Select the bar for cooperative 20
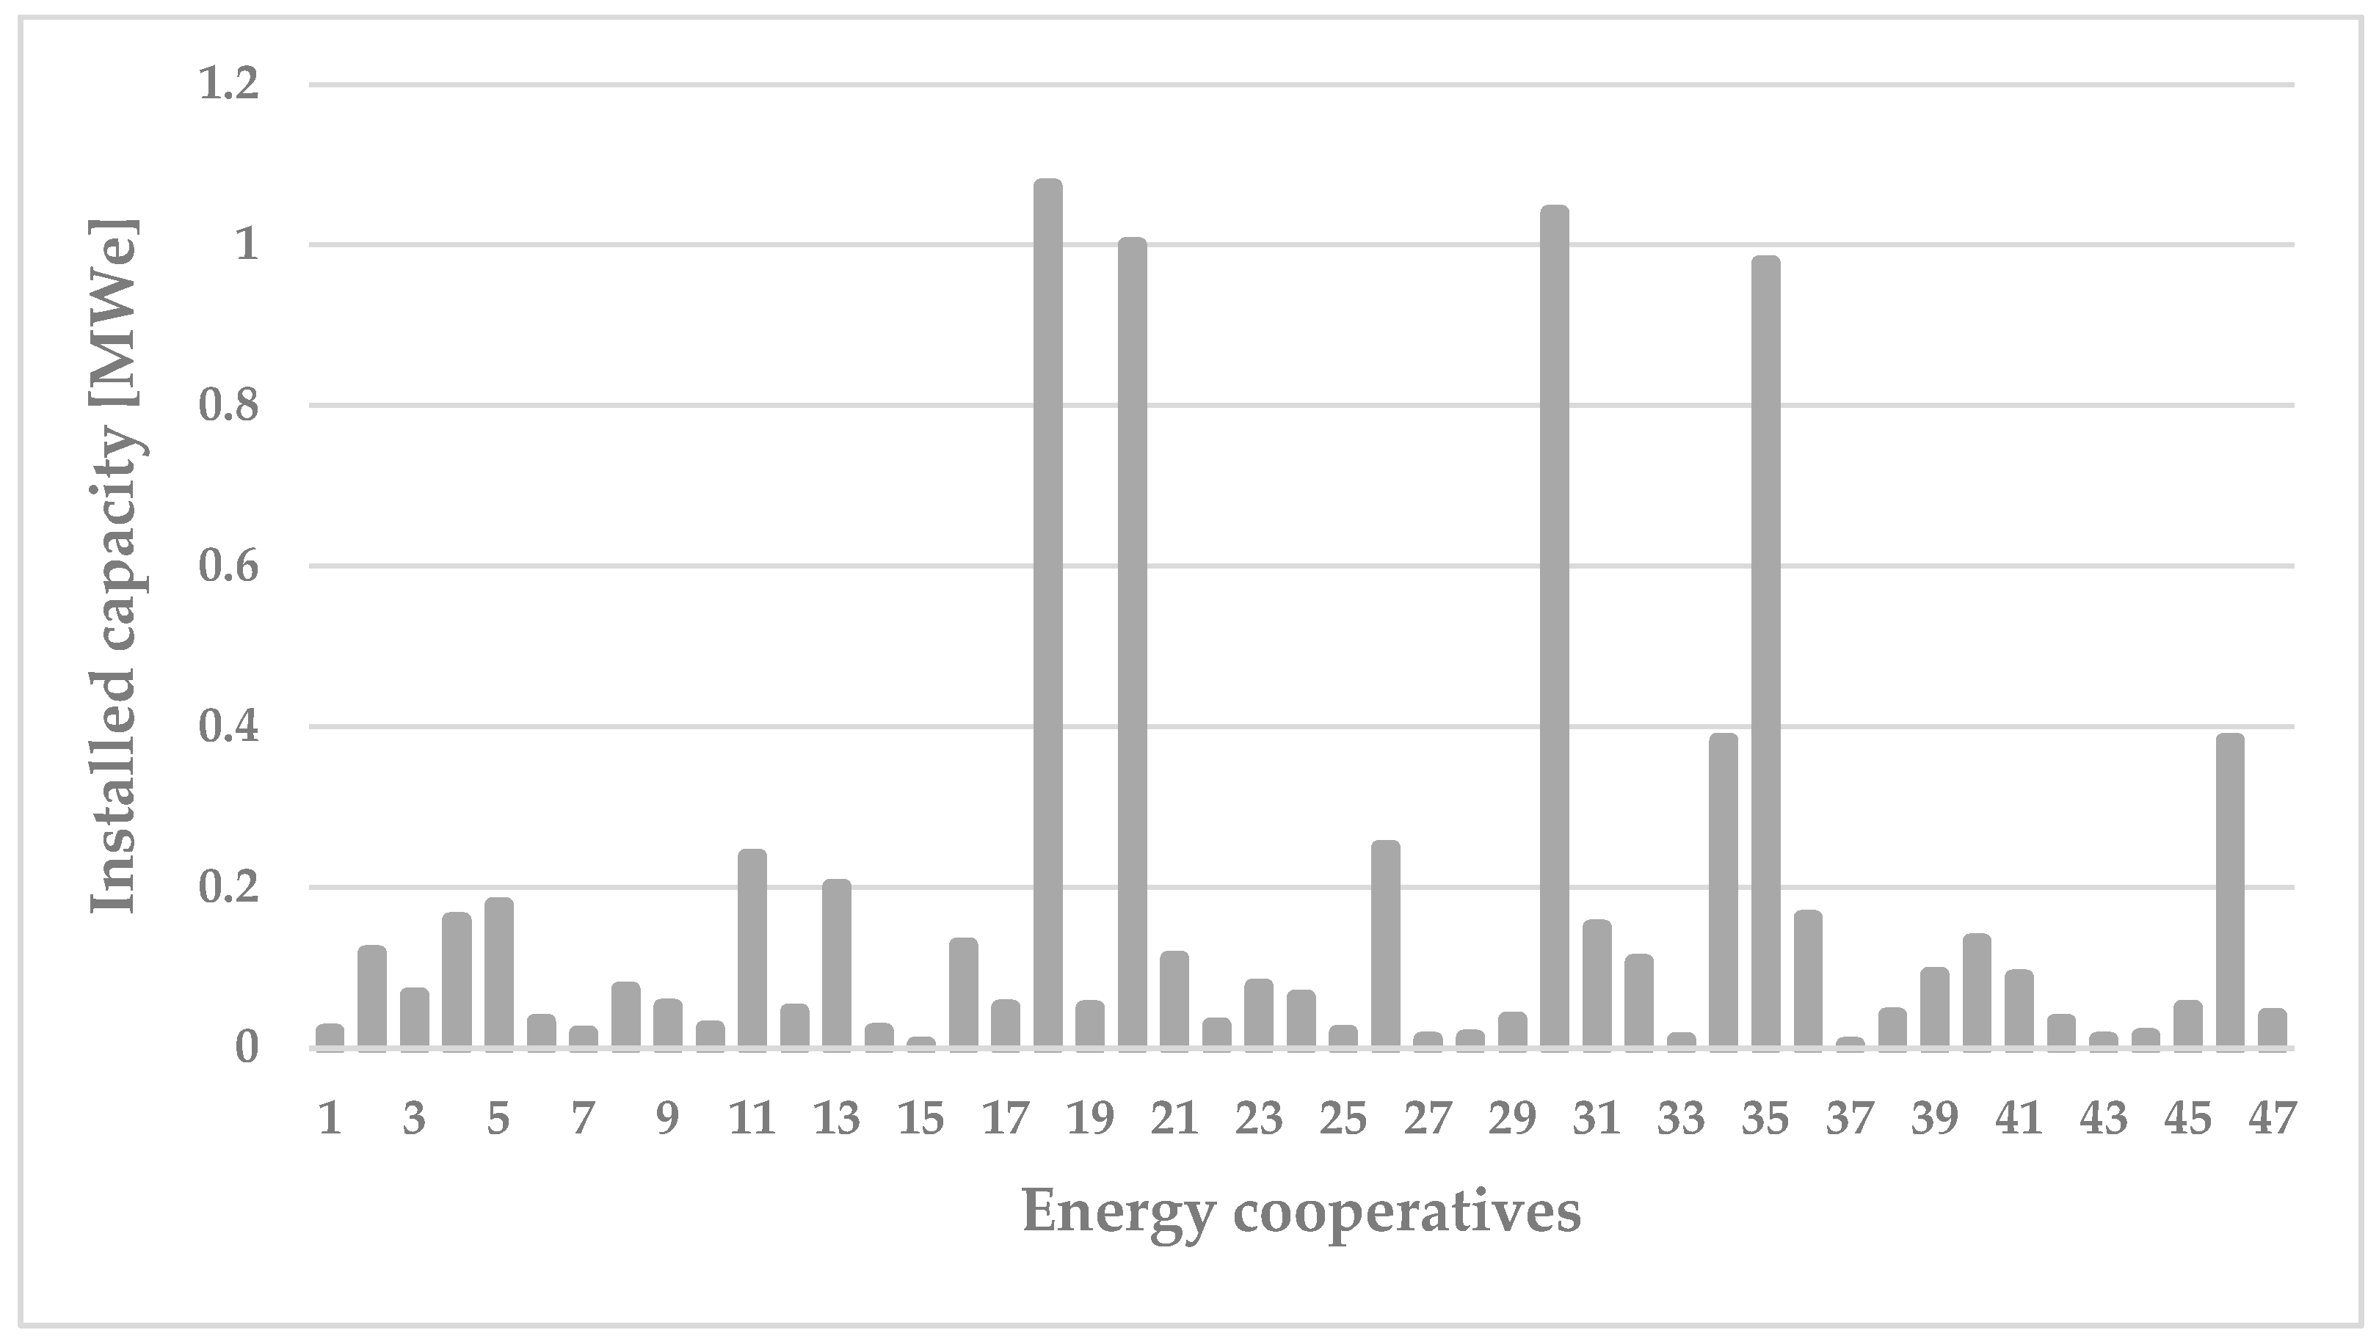click(1132, 643)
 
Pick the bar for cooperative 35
click(1766, 653)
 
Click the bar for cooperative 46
click(2230, 891)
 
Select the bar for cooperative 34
click(1724, 891)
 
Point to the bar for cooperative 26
click(1385, 944)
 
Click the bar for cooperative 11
click(752, 948)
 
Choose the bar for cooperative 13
click(837, 964)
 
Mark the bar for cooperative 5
click(498, 973)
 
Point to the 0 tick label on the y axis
click(246, 1048)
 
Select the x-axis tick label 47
click(2272, 1119)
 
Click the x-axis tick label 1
click(330, 1119)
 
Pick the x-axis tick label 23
click(1259, 1119)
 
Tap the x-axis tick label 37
click(1850, 1119)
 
